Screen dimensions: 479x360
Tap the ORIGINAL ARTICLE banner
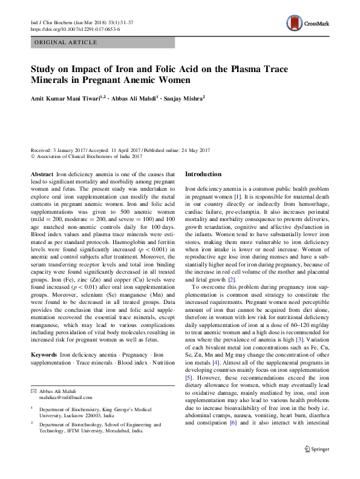point(65,43)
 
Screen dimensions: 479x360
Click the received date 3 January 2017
point(70,150)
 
